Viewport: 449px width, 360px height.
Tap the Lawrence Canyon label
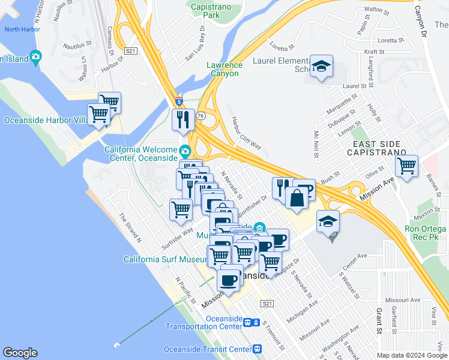[224, 69]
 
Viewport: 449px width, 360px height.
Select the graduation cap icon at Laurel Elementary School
[322, 67]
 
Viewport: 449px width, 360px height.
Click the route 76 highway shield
[204, 116]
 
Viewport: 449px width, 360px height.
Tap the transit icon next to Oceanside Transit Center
[258, 349]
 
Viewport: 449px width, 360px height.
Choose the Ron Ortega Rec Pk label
[425, 233]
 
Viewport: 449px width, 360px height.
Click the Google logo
[20, 353]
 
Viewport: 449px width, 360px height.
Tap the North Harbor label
[22, 29]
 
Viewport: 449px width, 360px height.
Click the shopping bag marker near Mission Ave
[297, 197]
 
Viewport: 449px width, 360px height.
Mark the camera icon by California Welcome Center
[185, 149]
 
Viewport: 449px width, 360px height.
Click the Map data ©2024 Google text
[411, 355]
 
